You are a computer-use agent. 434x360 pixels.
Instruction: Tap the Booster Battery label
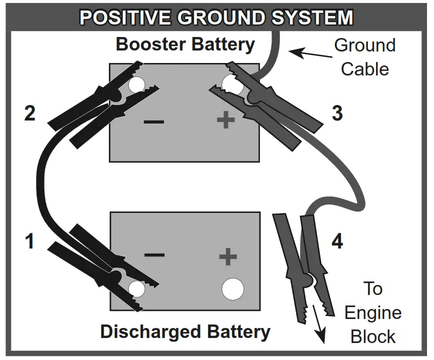pos(185,44)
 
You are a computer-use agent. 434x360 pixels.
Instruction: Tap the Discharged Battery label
pos(185,331)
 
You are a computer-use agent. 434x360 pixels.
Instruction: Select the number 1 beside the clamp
pos(30,241)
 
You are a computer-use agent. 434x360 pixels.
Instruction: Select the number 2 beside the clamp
pos(30,113)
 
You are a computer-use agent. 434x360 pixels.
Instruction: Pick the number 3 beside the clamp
pos(337,113)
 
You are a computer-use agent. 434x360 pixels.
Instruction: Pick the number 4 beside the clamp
pos(337,241)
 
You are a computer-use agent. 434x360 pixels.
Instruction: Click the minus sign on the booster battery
pos(153,121)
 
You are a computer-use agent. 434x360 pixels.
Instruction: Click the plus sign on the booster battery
pos(225,120)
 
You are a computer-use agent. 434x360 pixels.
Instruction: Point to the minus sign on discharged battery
pos(154,254)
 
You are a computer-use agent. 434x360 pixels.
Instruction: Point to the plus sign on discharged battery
pos(227,257)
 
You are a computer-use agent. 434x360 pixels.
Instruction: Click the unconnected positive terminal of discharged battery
pos(232,289)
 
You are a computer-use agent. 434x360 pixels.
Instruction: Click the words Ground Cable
pos(364,57)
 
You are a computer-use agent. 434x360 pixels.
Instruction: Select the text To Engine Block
pos(372,312)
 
